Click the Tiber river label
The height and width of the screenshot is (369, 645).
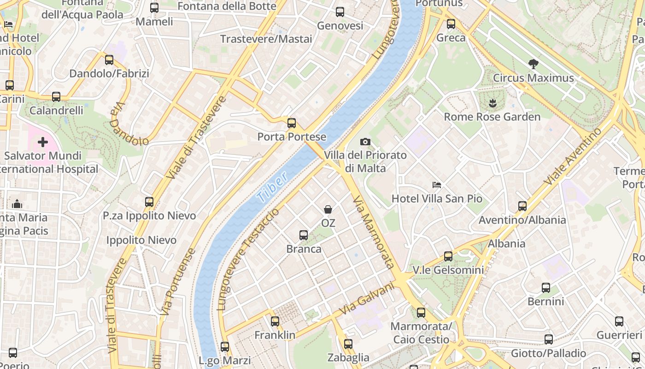[x=272, y=187]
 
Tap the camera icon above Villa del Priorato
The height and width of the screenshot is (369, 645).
[x=365, y=142]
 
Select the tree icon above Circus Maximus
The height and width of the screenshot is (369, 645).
[x=534, y=64]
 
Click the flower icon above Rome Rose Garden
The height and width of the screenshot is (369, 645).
[x=492, y=103]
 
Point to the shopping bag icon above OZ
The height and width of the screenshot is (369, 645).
[x=328, y=210]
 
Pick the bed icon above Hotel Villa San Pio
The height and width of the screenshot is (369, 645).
[x=437, y=185]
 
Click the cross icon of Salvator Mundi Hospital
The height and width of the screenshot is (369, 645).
[x=43, y=142]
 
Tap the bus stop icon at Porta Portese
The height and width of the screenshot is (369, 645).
[x=291, y=123]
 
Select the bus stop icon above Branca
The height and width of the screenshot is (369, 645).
[x=304, y=235]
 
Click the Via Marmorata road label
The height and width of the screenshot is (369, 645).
[x=373, y=232]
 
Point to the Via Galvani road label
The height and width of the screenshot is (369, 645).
[x=367, y=299]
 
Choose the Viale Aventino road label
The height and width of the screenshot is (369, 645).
[x=573, y=156]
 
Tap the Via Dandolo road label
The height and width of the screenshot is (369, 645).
[x=128, y=124]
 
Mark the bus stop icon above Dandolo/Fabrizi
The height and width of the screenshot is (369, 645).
[x=109, y=60]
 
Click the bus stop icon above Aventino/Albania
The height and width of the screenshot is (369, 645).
[x=522, y=206]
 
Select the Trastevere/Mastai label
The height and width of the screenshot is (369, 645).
[x=266, y=39]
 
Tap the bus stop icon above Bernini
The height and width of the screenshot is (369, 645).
[x=546, y=288]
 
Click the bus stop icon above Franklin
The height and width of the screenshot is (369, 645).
[x=275, y=321]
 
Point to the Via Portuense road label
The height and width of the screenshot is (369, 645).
[x=178, y=282]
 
